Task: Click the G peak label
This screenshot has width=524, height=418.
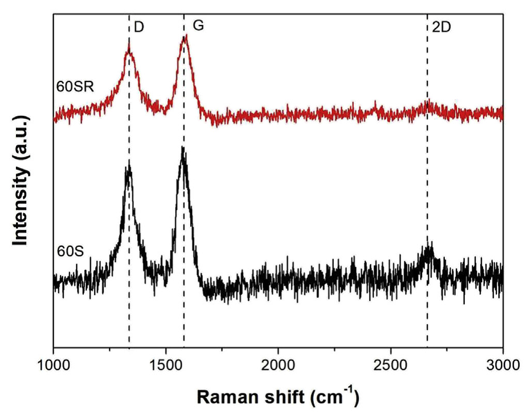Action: coord(198,25)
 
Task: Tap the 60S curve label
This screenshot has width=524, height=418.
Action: coord(71,253)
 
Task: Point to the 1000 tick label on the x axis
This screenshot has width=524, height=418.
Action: coord(53,366)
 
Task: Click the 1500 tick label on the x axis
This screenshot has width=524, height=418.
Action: coord(166,366)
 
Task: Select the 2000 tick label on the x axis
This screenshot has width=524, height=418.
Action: coord(278,366)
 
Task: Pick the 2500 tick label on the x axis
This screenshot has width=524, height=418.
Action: coord(391,366)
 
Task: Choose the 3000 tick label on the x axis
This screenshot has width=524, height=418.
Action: coord(503,366)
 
